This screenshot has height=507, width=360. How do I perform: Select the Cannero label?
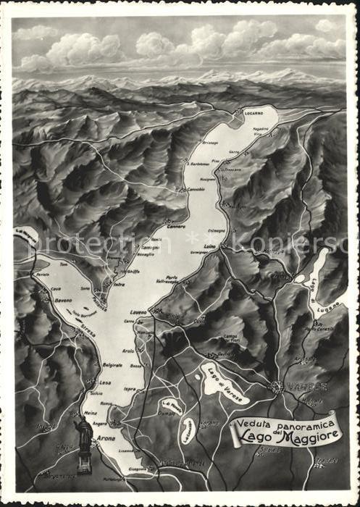click(176, 225)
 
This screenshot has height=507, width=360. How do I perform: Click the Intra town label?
click(119, 285)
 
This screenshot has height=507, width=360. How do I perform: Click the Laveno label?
click(138, 312)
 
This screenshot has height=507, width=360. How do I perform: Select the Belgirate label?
click(112, 365)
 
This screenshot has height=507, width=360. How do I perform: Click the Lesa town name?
click(105, 382)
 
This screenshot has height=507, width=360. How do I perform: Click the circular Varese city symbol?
click(277, 387)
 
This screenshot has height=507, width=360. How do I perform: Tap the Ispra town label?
click(130, 389)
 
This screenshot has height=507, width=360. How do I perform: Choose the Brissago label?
click(210, 143)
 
